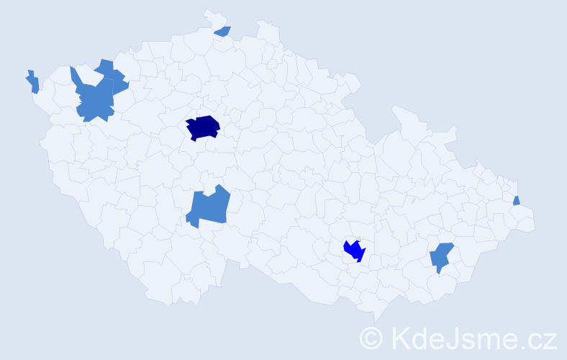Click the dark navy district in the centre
pos(203,127)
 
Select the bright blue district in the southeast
pos(354,250)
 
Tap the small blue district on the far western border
pos(32,82)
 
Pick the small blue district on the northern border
pos(223,31)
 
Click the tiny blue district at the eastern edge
pos(517,200)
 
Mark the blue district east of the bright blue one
pos(441,256)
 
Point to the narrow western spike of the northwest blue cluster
pos(73,75)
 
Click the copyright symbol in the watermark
pos(372,338)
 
